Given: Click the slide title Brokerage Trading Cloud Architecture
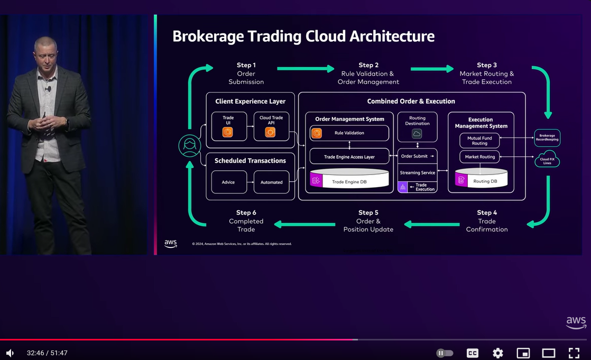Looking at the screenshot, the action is point(303,36).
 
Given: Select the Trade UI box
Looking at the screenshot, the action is point(228,126).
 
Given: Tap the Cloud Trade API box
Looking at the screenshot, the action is point(271,126).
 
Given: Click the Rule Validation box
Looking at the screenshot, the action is point(349,133).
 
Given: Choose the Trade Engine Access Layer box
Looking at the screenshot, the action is point(349,156).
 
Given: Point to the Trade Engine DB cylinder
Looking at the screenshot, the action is point(349,180).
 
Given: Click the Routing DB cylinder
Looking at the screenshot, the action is point(481,179).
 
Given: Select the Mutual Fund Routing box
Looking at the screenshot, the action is point(479,141).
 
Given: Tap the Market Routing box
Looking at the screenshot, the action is point(479,156).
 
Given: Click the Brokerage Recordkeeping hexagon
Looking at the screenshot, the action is point(547,137).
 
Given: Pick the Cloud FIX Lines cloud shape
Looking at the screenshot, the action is point(547,159).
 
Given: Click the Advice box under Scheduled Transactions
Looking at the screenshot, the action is point(228,182).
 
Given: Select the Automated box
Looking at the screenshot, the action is point(271,182).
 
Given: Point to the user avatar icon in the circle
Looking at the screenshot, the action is point(190,146).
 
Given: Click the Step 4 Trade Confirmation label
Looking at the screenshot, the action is point(486,221).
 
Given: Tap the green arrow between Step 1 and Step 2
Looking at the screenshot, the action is point(306,69).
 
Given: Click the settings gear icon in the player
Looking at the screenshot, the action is point(497,353).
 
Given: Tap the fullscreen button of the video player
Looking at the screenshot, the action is point(574,353).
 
